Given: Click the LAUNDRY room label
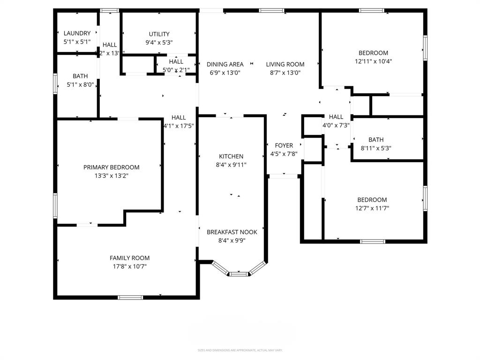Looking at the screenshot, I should (77, 33).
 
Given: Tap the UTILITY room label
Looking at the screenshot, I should (159, 34).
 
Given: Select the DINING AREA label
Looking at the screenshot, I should (225, 64).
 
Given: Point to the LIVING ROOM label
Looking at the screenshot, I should (285, 64).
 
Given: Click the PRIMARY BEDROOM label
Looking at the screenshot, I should (111, 167).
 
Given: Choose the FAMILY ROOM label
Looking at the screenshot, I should (129, 258).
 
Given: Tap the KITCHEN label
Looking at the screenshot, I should (231, 156).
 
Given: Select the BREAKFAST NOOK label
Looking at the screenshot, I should (232, 232).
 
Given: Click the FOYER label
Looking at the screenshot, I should (284, 146).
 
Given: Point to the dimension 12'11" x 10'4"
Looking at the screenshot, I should (373, 61).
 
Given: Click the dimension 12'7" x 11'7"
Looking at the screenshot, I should (372, 208).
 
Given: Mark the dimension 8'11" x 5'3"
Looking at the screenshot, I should (375, 148).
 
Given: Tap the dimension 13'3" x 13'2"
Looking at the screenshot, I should (111, 176).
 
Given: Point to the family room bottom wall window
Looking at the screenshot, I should (130, 297).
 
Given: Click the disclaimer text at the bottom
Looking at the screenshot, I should (240, 350).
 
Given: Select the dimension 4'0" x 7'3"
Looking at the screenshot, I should (336, 125).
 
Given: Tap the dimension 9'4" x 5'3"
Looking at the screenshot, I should (159, 42).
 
